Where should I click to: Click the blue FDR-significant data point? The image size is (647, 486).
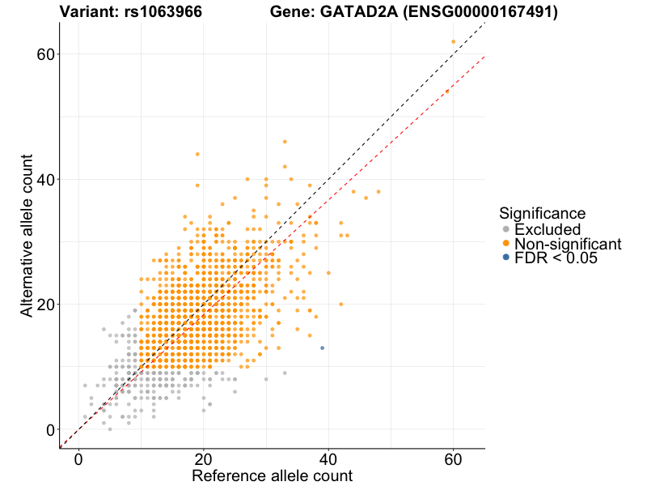(322, 347)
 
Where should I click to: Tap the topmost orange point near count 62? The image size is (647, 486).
(453, 41)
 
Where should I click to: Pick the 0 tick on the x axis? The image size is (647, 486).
(78, 459)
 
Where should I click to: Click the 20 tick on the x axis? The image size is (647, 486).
(203, 459)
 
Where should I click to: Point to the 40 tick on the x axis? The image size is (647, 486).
(328, 459)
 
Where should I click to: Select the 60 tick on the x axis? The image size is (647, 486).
(453, 459)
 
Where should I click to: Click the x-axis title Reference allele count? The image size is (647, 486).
(272, 475)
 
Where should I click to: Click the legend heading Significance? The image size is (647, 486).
(542, 214)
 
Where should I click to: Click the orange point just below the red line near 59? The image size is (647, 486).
(446, 92)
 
